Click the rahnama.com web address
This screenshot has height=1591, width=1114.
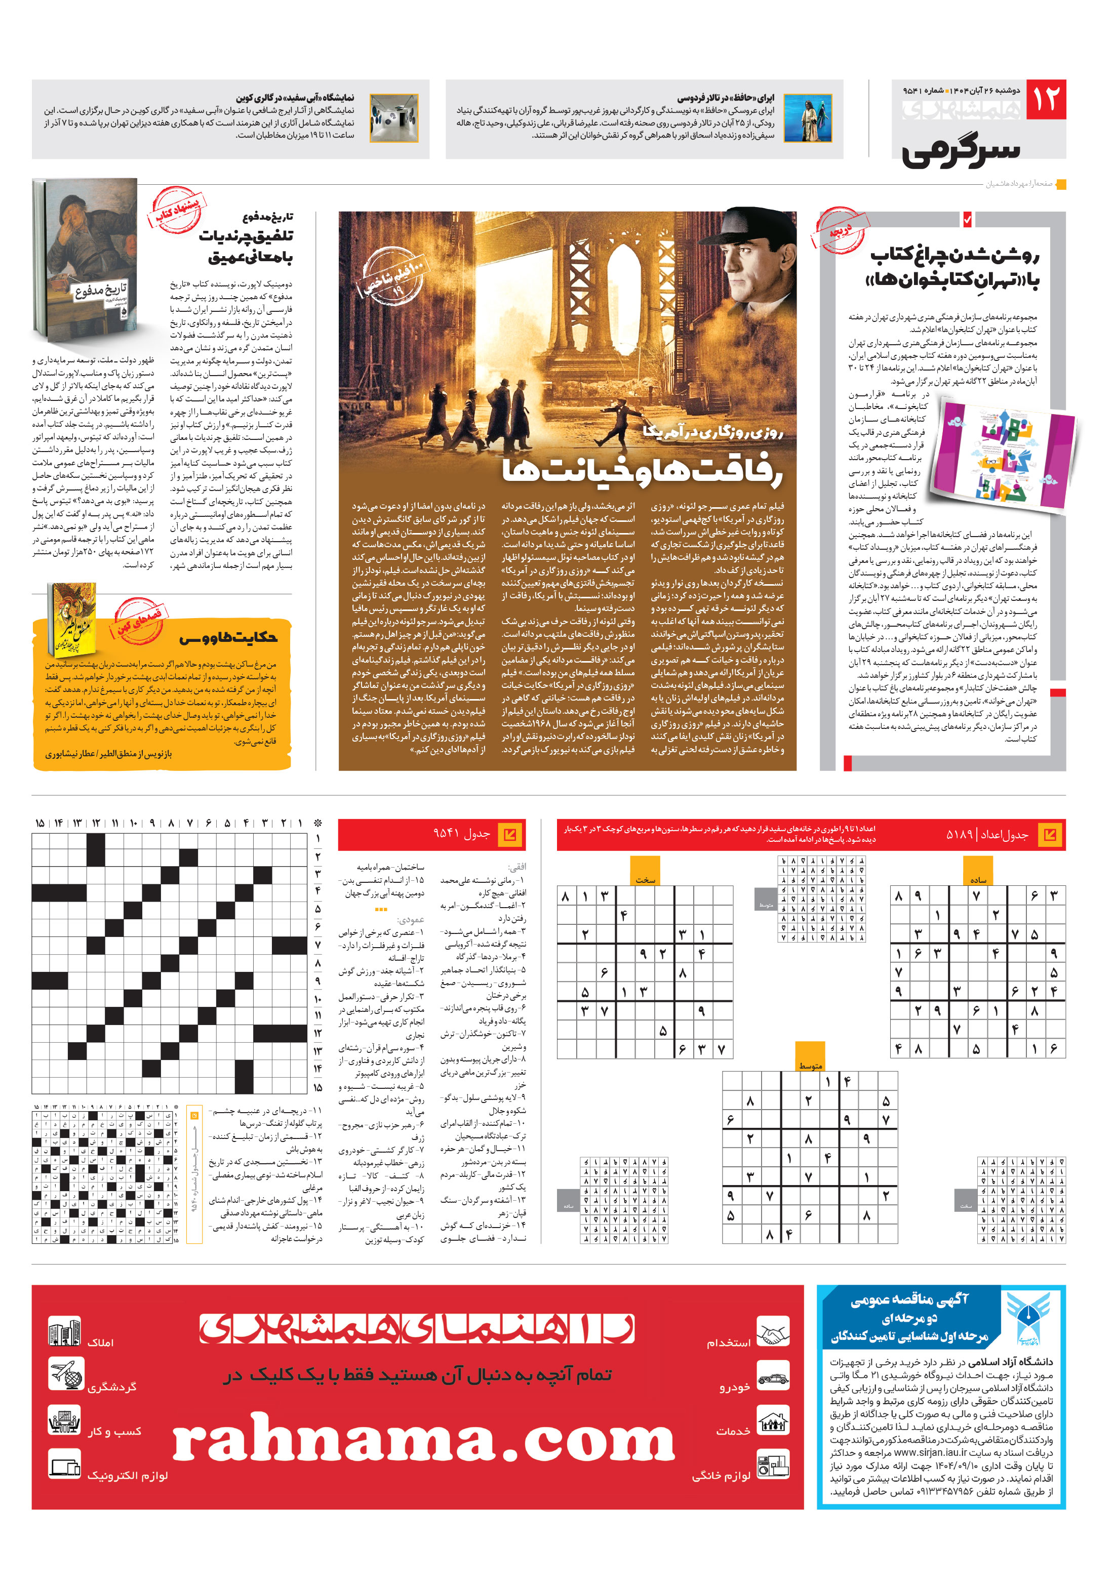(x=423, y=1442)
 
